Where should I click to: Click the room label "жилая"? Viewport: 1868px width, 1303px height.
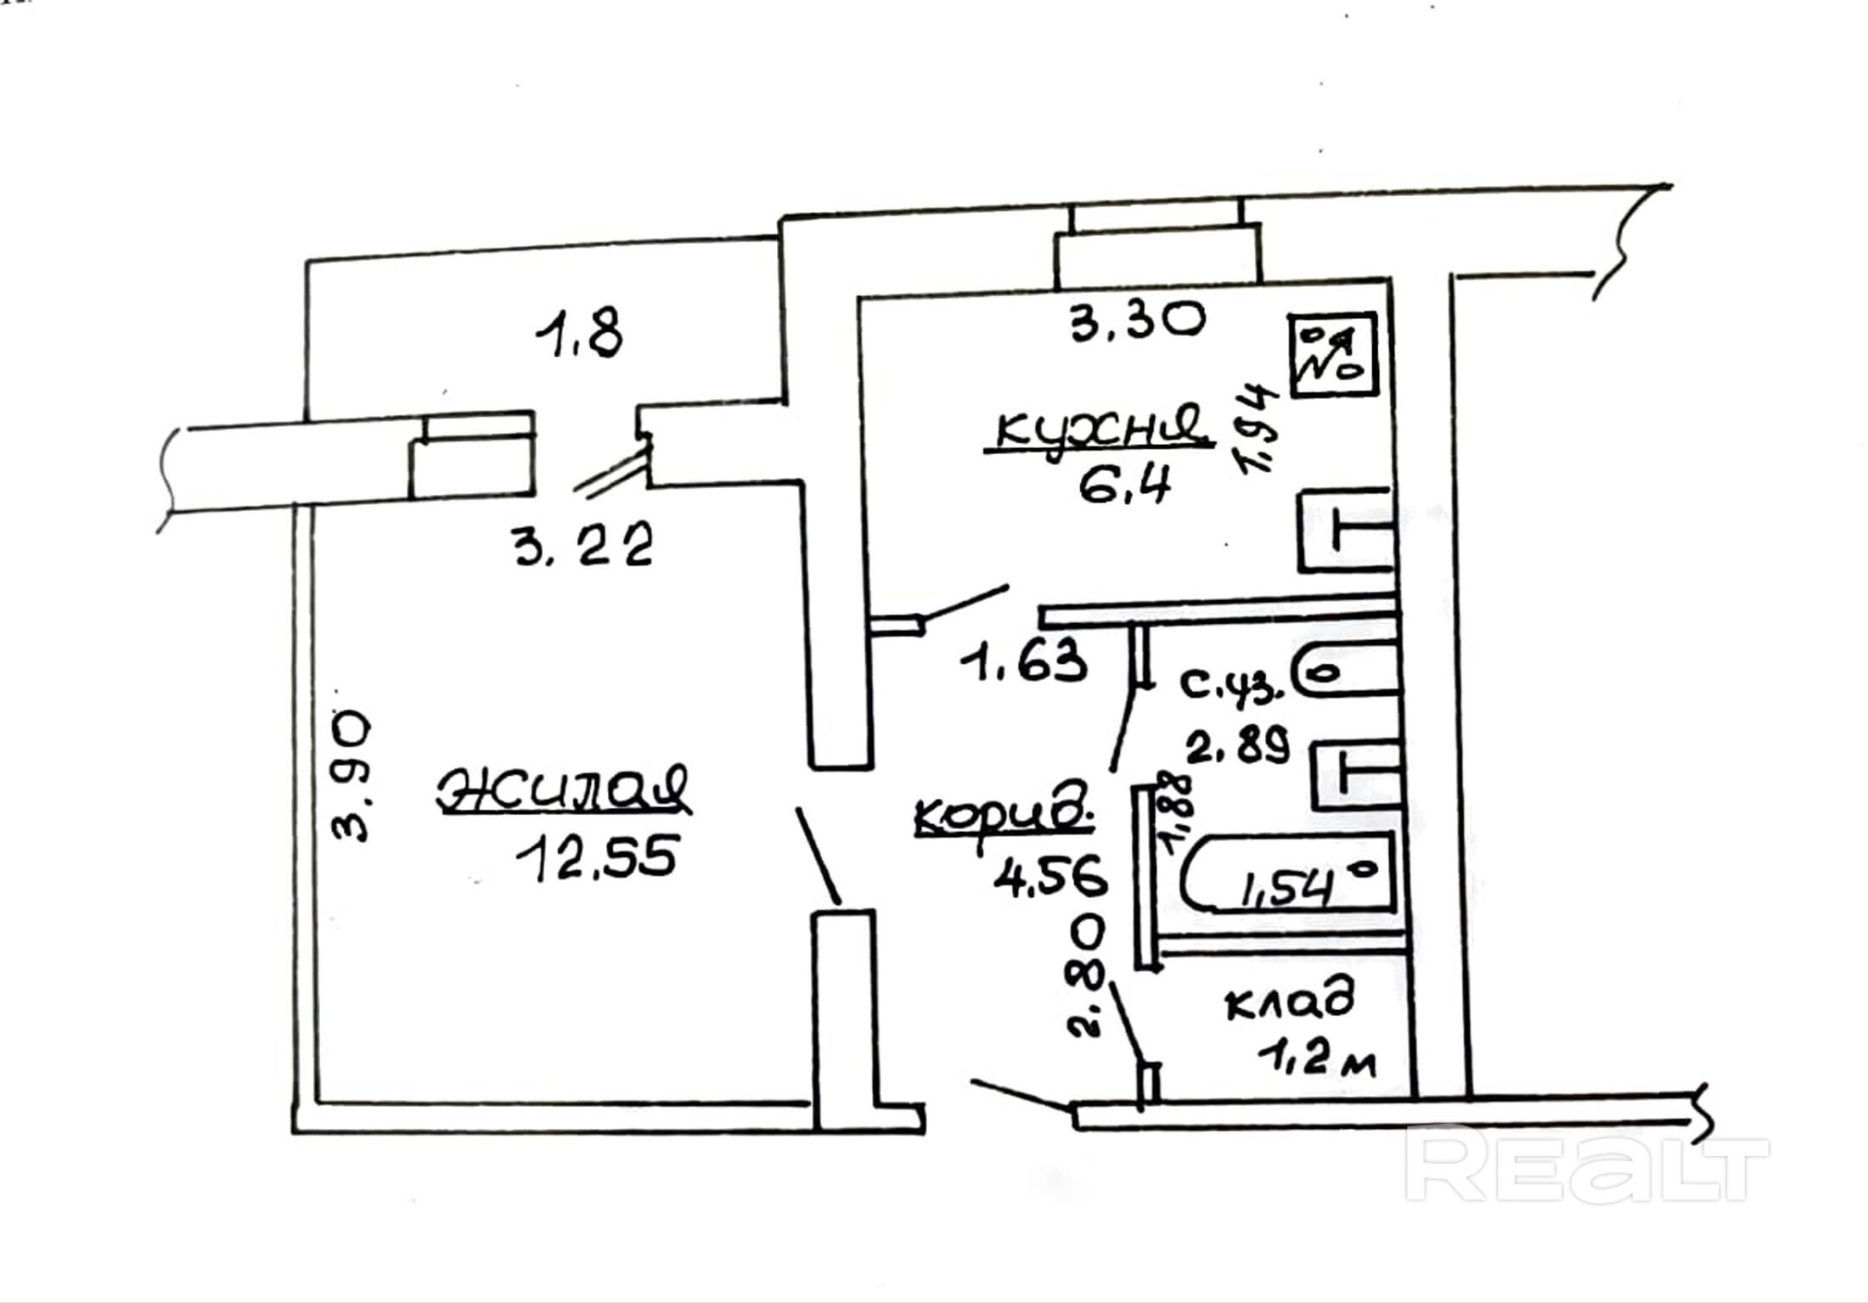[564, 791]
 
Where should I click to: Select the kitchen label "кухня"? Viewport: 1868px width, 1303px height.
[1100, 429]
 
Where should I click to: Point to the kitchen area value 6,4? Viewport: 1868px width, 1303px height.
[1124, 486]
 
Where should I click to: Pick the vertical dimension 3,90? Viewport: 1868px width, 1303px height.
[352, 776]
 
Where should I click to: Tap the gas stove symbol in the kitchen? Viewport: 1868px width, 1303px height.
[1331, 354]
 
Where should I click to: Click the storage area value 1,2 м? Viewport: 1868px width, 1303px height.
[1316, 1059]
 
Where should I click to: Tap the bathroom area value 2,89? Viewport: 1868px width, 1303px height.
[1237, 744]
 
